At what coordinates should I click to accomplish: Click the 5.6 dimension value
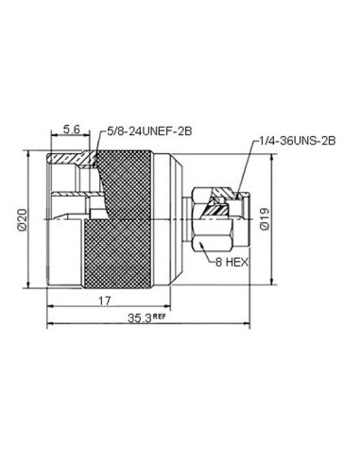coord(72,129)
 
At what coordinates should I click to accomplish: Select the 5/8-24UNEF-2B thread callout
coord(149,131)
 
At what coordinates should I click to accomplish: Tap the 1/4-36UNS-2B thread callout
coord(297,141)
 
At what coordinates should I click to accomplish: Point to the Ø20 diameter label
coord(23,219)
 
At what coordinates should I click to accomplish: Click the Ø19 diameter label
coord(265,218)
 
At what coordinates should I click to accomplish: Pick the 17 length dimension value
coord(105,301)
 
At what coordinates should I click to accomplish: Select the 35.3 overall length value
coord(140,319)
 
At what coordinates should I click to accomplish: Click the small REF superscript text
coord(159,316)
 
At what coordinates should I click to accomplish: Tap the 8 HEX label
coord(232,262)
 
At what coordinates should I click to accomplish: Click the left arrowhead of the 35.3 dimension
coord(50,323)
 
